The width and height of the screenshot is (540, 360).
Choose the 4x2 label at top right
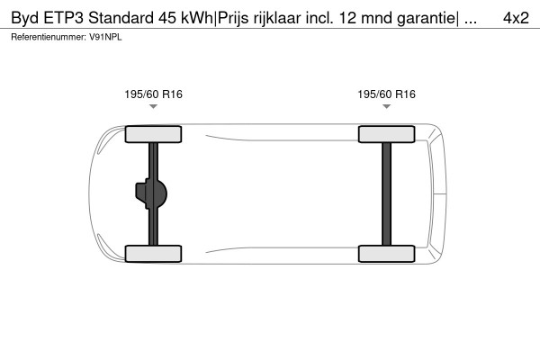(x=516, y=17)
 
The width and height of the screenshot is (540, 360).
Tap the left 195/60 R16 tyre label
(x=153, y=94)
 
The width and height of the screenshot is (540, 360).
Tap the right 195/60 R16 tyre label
(x=386, y=94)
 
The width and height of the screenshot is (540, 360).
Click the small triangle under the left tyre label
(x=153, y=106)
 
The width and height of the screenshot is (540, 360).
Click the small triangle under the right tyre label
(x=386, y=106)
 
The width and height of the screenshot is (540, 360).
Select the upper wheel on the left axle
(x=153, y=135)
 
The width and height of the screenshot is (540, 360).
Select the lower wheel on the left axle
(x=153, y=253)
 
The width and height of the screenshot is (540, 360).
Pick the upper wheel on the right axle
(x=386, y=135)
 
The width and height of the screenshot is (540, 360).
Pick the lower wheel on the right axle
(x=386, y=253)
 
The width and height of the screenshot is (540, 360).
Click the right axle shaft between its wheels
(x=386, y=193)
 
